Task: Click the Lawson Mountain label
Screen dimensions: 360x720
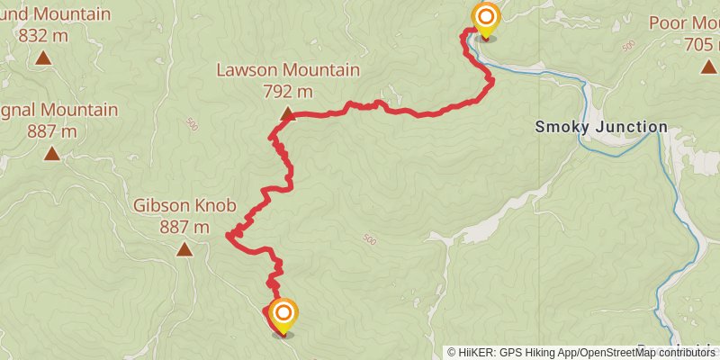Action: pos(288,70)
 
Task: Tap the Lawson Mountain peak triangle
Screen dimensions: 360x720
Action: pos(288,114)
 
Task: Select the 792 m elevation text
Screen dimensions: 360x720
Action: pos(288,91)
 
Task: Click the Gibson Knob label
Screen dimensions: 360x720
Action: pos(184,205)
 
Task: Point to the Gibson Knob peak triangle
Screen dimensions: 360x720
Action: pos(184,249)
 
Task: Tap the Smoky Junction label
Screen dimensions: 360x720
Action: pos(601,127)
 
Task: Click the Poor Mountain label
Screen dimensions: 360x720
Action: pos(683,23)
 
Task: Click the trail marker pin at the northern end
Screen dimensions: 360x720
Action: pos(486,18)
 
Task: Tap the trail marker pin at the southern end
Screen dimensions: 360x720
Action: pos(283,314)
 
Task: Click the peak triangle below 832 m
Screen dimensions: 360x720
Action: pos(43,58)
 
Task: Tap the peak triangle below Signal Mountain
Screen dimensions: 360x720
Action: pos(52,154)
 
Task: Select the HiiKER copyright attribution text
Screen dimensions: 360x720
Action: pos(580,353)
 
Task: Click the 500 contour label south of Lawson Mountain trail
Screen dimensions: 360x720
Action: pos(368,239)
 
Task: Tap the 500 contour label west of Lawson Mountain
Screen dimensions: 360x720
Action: pos(191,126)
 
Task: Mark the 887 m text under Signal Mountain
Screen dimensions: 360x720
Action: pos(52,131)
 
